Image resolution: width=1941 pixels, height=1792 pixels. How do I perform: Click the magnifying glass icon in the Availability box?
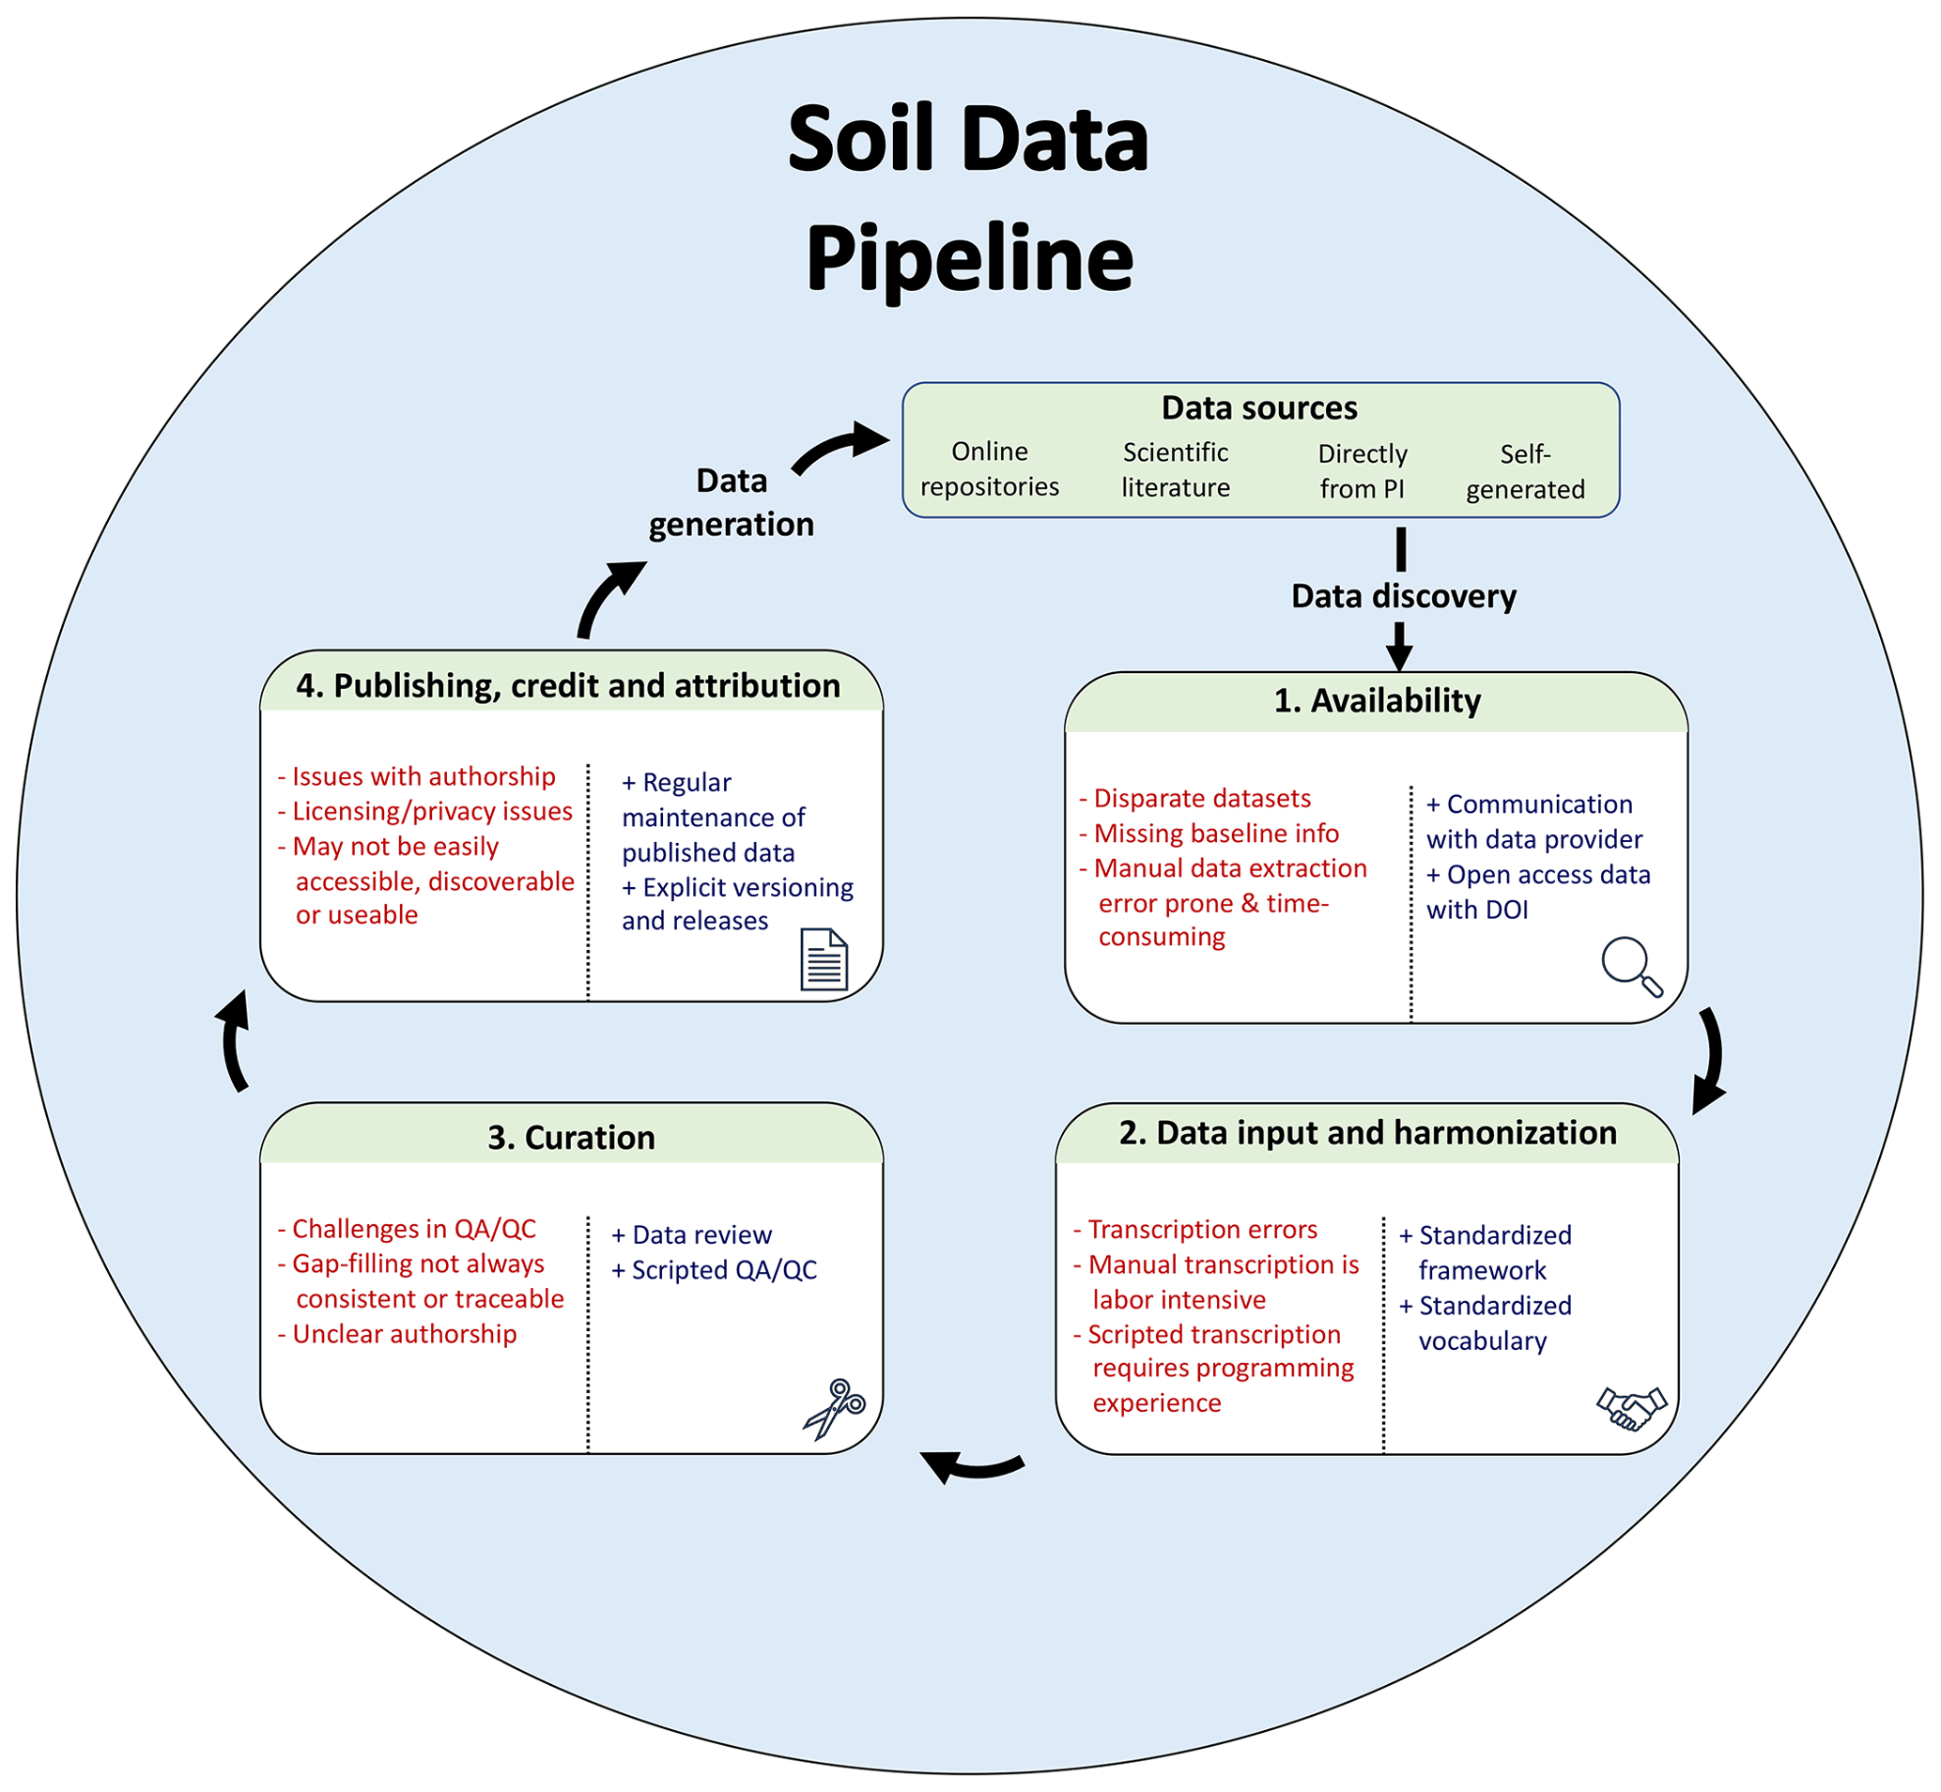(1630, 965)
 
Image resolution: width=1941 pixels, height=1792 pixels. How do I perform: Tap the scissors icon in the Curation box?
(833, 1408)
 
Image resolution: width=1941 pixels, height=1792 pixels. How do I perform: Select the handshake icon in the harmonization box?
(1630, 1407)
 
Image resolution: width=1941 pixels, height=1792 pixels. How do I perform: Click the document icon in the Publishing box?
(824, 959)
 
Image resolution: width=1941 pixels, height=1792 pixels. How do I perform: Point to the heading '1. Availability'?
(1377, 700)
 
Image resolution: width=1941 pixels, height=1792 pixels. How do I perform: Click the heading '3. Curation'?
(571, 1137)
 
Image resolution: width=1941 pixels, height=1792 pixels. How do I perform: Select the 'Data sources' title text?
(1259, 408)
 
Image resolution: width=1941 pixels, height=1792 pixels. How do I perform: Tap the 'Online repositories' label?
(990, 469)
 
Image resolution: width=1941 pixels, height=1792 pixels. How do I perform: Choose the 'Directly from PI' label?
(1362, 471)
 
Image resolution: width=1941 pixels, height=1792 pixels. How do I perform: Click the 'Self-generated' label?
(1525, 471)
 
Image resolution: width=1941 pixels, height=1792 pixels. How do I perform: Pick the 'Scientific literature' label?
(1176, 469)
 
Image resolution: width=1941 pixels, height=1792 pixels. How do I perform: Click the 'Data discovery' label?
(1403, 596)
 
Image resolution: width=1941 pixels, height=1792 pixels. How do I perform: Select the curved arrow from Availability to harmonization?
(1712, 1062)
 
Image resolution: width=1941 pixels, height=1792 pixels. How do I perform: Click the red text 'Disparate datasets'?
(1201, 799)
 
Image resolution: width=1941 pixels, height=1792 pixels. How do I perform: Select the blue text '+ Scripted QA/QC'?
(715, 1270)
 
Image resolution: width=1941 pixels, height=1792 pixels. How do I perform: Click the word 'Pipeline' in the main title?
(969, 259)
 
